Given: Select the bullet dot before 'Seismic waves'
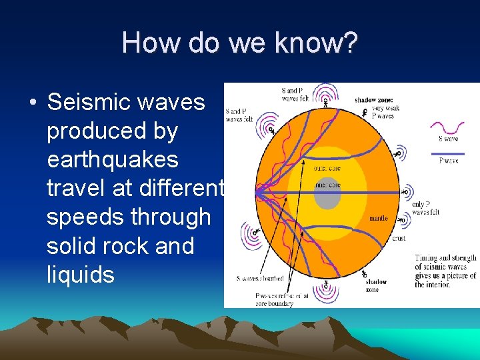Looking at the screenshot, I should (32, 103).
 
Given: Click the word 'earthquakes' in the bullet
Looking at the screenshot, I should (113, 160).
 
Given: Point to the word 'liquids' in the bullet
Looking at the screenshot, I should (81, 275).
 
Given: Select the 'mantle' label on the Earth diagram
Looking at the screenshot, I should (378, 219).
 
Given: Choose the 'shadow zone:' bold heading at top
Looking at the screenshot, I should (374, 100).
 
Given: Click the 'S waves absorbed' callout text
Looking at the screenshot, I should (259, 278).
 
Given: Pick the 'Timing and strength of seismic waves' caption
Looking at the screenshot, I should (445, 271).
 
